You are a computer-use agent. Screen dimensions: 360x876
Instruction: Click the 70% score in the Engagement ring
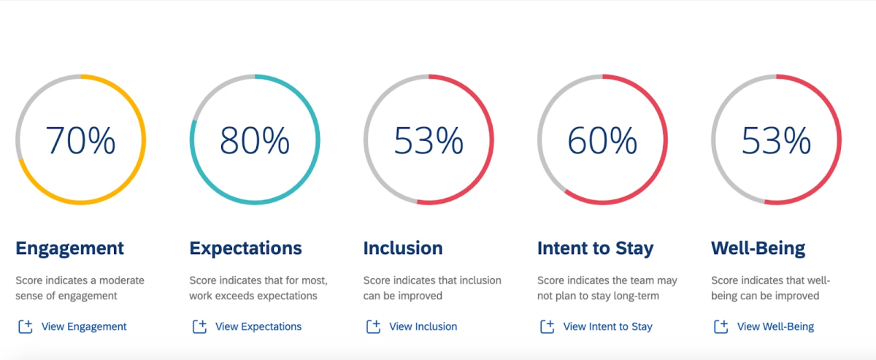click(80, 140)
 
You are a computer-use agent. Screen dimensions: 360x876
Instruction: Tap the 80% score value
click(254, 140)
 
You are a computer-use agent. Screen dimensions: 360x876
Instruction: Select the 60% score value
click(602, 140)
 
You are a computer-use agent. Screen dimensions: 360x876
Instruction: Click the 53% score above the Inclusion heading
click(429, 140)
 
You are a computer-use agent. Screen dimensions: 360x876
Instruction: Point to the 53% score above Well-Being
click(776, 140)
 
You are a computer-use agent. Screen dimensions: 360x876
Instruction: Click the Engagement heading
click(69, 248)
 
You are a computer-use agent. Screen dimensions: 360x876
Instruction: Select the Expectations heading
click(245, 248)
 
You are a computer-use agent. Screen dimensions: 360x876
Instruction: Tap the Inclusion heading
click(403, 248)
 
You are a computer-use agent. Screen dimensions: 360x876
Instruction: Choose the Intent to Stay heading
click(596, 248)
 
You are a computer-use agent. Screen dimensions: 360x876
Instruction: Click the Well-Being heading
click(758, 248)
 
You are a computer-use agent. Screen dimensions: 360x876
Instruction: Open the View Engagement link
click(84, 326)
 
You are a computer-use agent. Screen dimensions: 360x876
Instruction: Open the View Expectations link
click(258, 326)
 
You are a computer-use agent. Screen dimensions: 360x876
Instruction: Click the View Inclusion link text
click(423, 326)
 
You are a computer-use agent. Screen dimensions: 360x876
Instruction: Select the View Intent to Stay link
click(608, 326)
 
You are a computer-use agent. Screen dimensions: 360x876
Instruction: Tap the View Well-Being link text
click(775, 326)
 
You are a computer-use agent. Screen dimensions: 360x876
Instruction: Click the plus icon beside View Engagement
click(26, 326)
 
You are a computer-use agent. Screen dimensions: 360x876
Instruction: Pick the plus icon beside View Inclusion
click(373, 326)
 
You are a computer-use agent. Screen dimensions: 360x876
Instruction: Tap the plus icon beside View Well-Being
click(721, 326)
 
